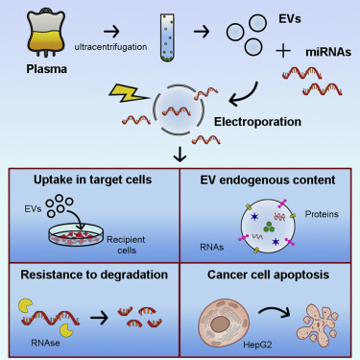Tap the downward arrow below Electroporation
coord(179,153)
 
